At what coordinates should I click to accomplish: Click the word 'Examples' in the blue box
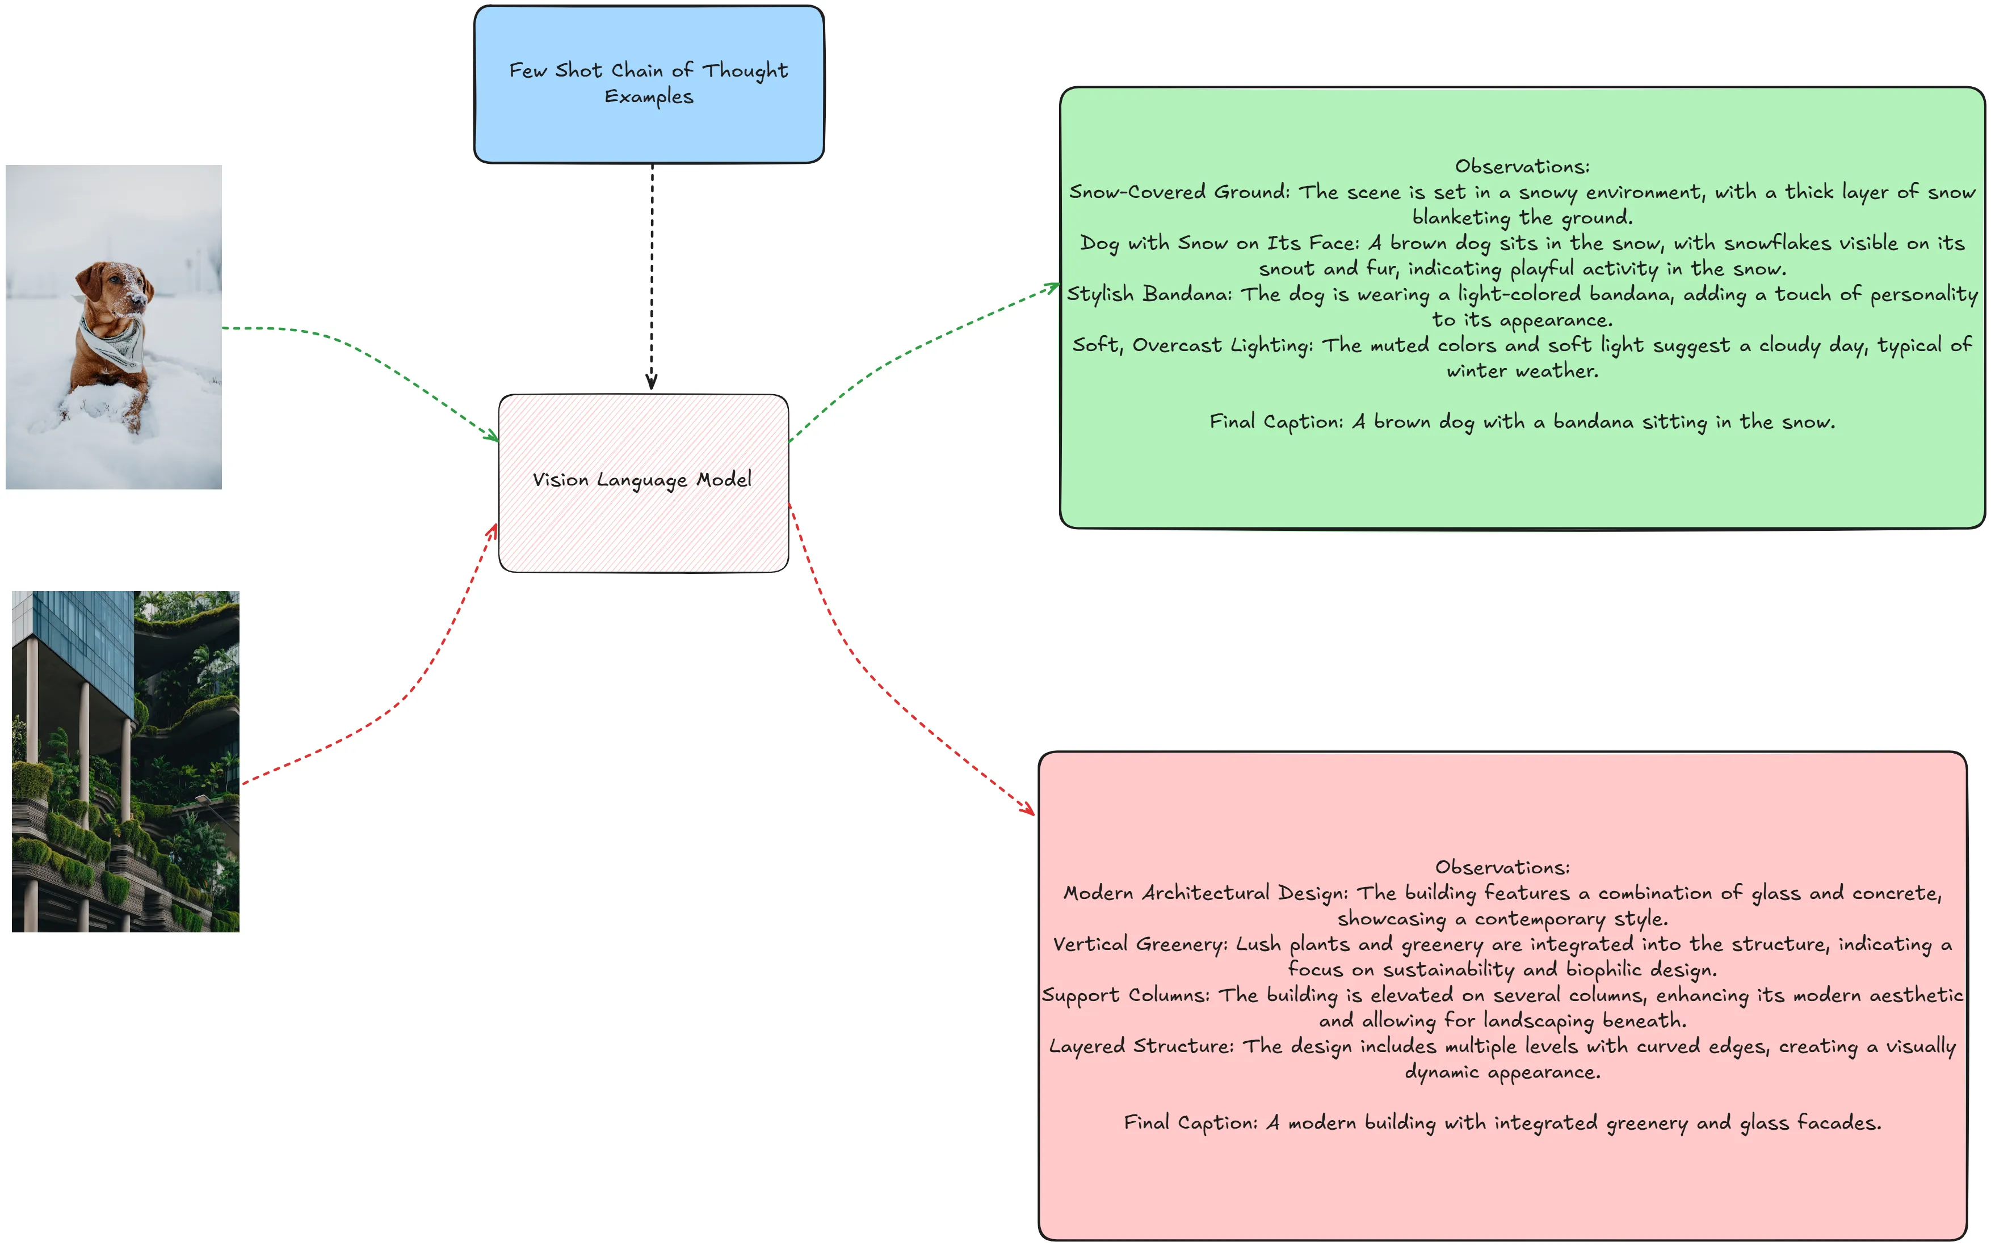pyautogui.click(x=649, y=97)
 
